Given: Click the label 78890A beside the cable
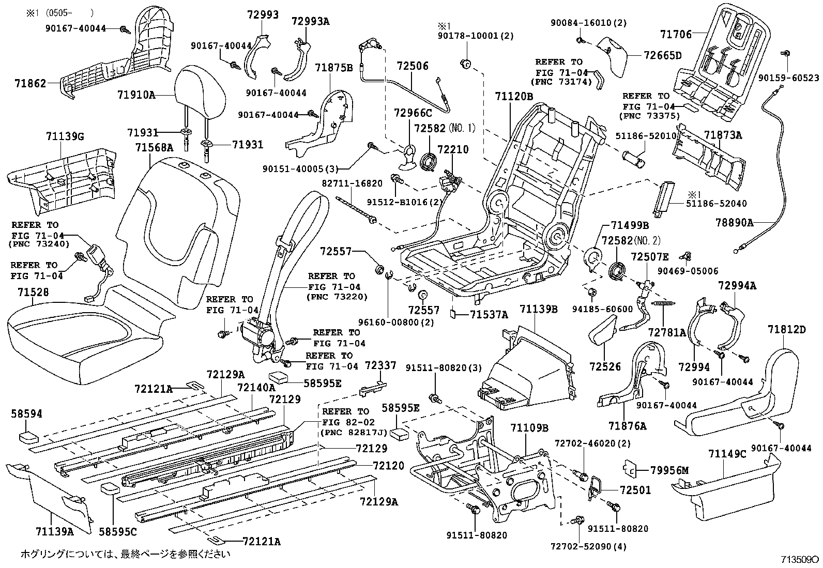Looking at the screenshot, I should point(734,223).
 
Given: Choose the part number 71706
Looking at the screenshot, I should point(675,34).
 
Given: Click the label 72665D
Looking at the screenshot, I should point(663,55).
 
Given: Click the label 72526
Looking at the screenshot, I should point(605,366).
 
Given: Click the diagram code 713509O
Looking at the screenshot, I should point(799,559).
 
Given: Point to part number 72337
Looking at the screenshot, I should point(380,365).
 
